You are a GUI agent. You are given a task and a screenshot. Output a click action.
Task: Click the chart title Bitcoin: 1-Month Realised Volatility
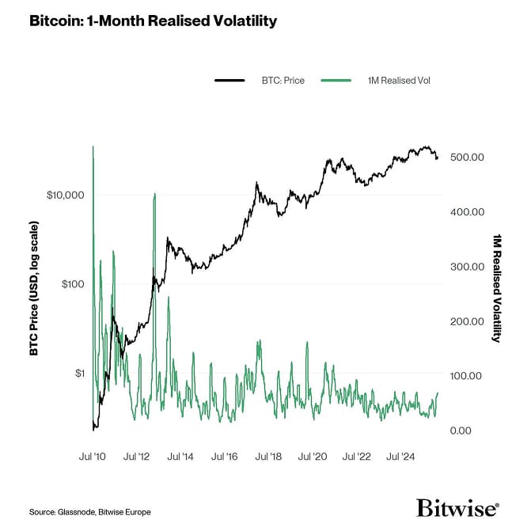[x=153, y=21]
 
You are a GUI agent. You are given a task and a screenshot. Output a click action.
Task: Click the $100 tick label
[x=71, y=283]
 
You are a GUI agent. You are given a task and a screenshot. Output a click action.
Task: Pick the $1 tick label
[x=78, y=373]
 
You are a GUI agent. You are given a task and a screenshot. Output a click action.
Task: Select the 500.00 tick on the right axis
[x=466, y=157]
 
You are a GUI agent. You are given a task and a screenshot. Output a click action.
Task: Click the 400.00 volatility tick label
[x=466, y=212]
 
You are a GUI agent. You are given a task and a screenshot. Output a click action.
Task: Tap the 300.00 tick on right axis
[x=466, y=267]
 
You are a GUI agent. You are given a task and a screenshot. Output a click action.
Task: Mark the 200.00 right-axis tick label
[x=466, y=321]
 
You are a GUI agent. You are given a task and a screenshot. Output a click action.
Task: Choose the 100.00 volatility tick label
[x=466, y=376]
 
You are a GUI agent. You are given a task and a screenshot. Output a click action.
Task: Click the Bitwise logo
[x=457, y=508]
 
